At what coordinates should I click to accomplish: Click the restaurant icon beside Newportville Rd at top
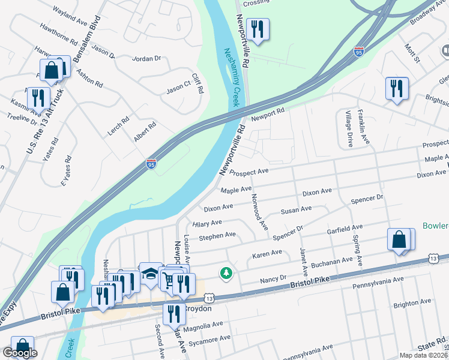258,29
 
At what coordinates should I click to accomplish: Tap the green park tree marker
226,273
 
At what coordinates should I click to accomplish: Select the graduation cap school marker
150,274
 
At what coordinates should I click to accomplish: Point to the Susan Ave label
296,209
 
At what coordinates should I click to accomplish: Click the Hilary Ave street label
208,223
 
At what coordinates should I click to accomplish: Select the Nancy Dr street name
273,280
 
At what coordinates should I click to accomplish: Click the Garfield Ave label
345,228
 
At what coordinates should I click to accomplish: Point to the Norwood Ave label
259,211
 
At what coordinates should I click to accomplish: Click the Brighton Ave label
413,302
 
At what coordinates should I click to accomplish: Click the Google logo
20,353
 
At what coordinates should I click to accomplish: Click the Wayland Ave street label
70,12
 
